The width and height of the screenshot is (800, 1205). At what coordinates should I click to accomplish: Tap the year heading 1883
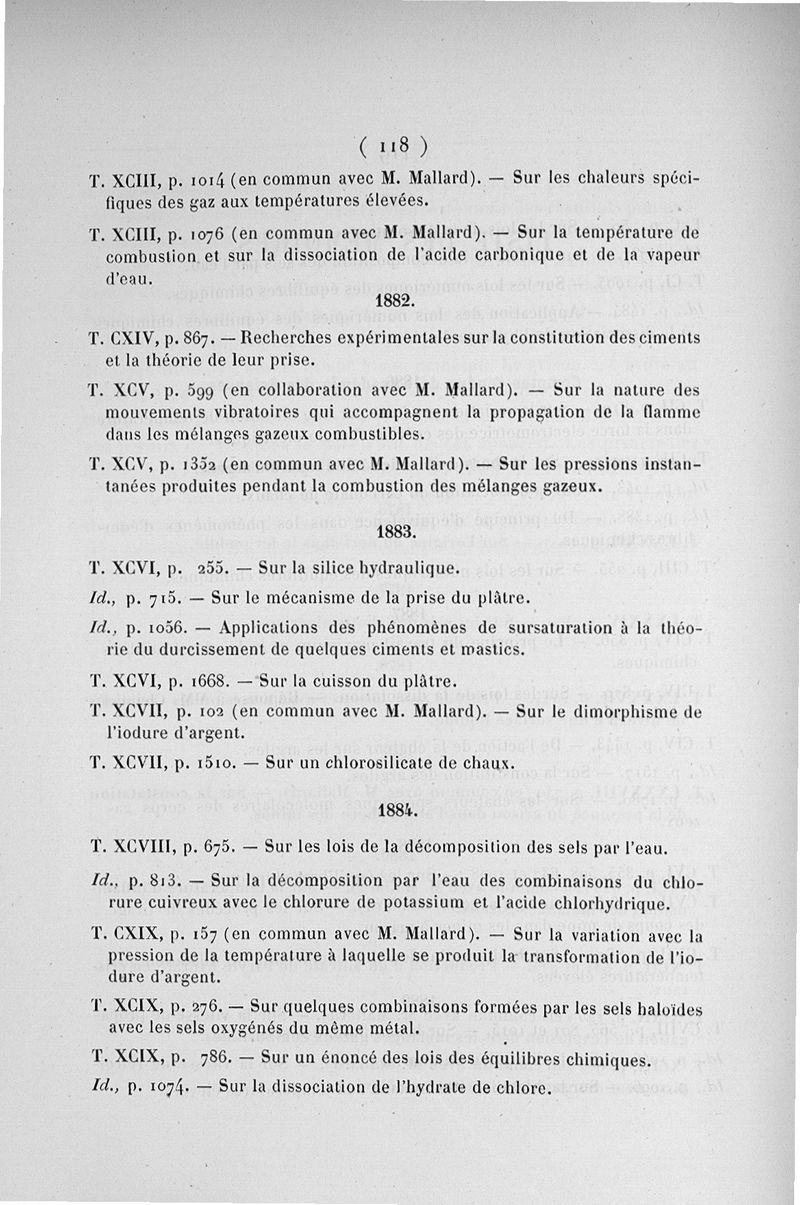[x=397, y=532]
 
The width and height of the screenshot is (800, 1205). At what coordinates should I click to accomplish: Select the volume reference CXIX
[x=129, y=936]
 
